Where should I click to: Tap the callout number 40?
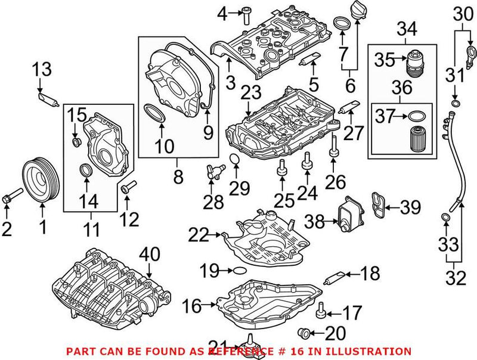tap(150, 255)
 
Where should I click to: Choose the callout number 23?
tap(252, 93)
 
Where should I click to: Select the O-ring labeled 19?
tap(237, 271)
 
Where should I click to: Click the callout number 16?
tap(191, 307)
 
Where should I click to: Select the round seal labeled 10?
tap(156, 113)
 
